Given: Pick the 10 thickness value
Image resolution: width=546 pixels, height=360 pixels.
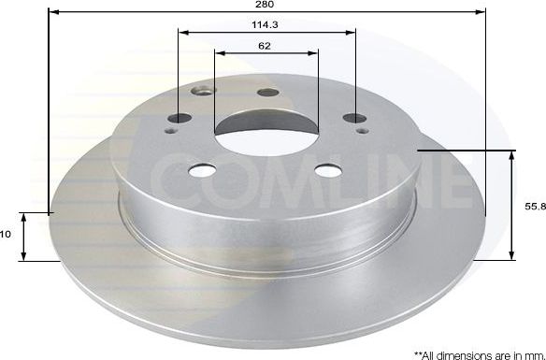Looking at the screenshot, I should pos(6,236).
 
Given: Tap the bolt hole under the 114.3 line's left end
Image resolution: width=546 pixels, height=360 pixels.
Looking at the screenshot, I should pos(180,118).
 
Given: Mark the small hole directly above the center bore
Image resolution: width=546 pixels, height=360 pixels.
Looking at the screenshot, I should pos(267,92).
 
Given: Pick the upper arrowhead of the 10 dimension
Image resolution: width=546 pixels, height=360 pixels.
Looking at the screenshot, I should pos(25,217).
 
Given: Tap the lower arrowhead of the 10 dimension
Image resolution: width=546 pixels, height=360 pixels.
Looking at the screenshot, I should pos(25,256).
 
